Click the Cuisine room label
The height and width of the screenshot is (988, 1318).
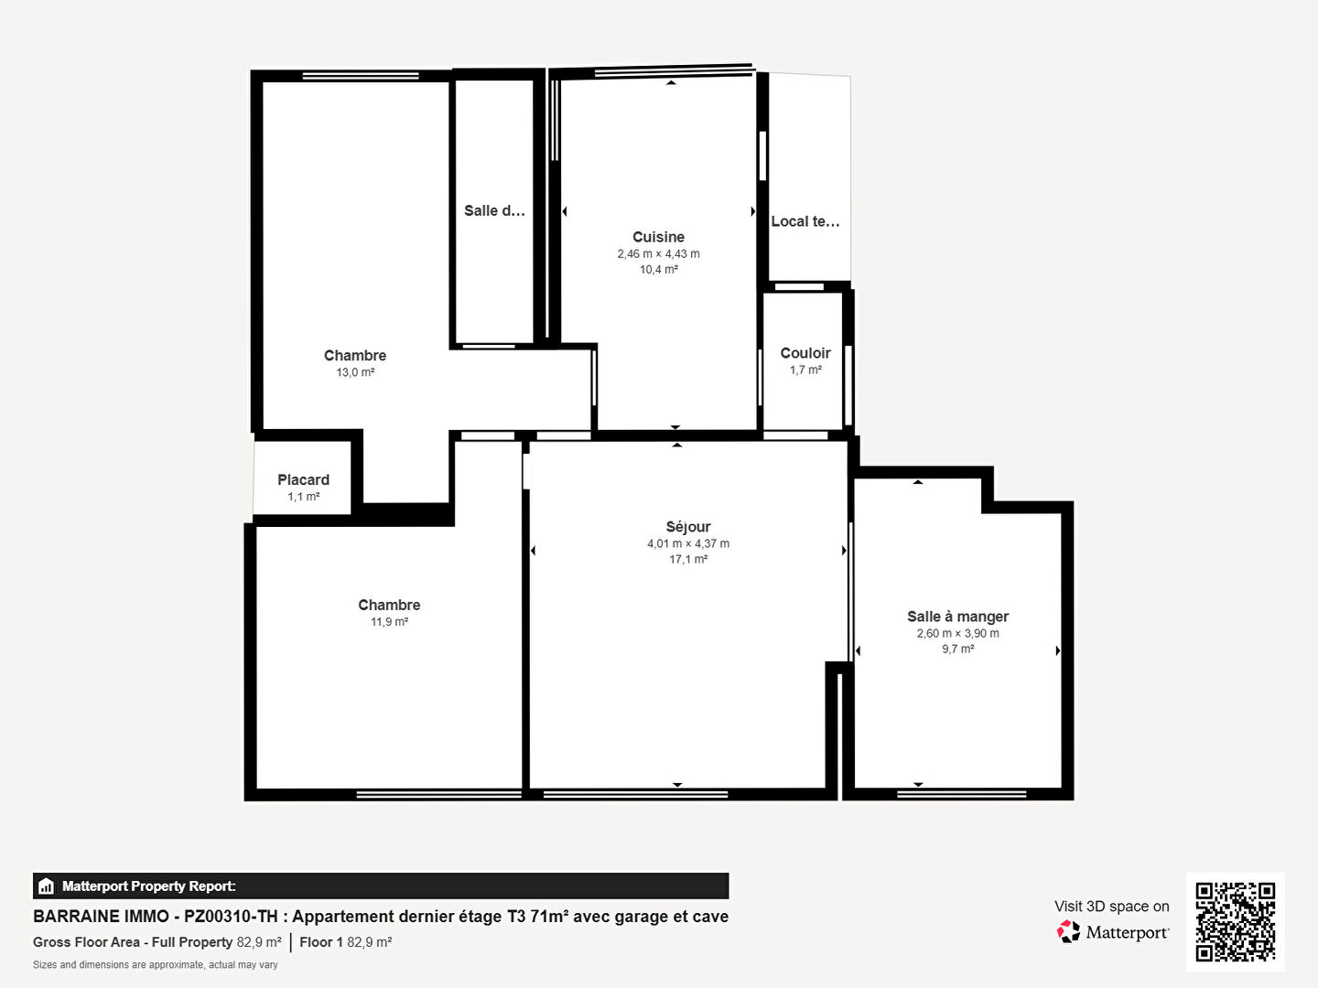tap(658, 237)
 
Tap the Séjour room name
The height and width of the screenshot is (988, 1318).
tap(688, 527)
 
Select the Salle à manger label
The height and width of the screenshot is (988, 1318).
tap(957, 617)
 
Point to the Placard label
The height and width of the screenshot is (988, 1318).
tap(303, 480)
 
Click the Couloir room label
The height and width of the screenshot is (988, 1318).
tap(805, 353)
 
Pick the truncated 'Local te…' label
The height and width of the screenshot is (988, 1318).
tap(805, 221)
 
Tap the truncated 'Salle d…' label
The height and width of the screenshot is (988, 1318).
tap(494, 210)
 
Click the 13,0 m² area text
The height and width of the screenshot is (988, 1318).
tap(355, 372)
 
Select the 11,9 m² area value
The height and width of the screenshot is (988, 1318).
tap(389, 622)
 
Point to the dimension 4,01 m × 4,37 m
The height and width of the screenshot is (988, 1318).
tap(688, 543)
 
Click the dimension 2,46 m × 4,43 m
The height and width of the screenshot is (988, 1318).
tap(658, 253)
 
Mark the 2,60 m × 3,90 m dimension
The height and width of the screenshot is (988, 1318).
tap(957, 633)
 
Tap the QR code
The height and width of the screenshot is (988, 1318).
tap(1235, 921)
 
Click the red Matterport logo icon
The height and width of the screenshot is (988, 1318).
tap(1067, 931)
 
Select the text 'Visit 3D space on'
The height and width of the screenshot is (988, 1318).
tap(1111, 907)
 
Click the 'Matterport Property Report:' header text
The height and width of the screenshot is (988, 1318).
tap(149, 886)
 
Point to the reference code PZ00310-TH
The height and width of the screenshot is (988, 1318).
tap(232, 917)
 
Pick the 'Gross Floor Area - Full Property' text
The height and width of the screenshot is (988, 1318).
tap(133, 942)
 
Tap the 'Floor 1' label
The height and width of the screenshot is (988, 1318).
tap(321, 942)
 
